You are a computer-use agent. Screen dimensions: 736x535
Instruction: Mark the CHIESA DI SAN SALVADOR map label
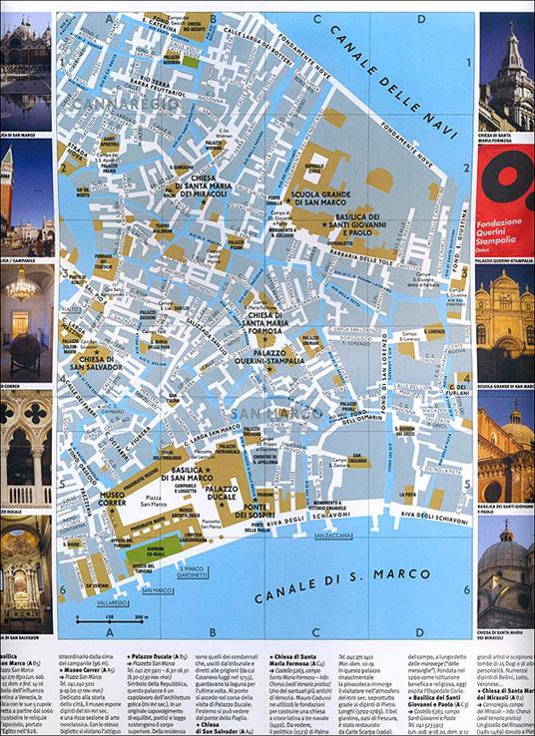pyautogui.click(x=95, y=355)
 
